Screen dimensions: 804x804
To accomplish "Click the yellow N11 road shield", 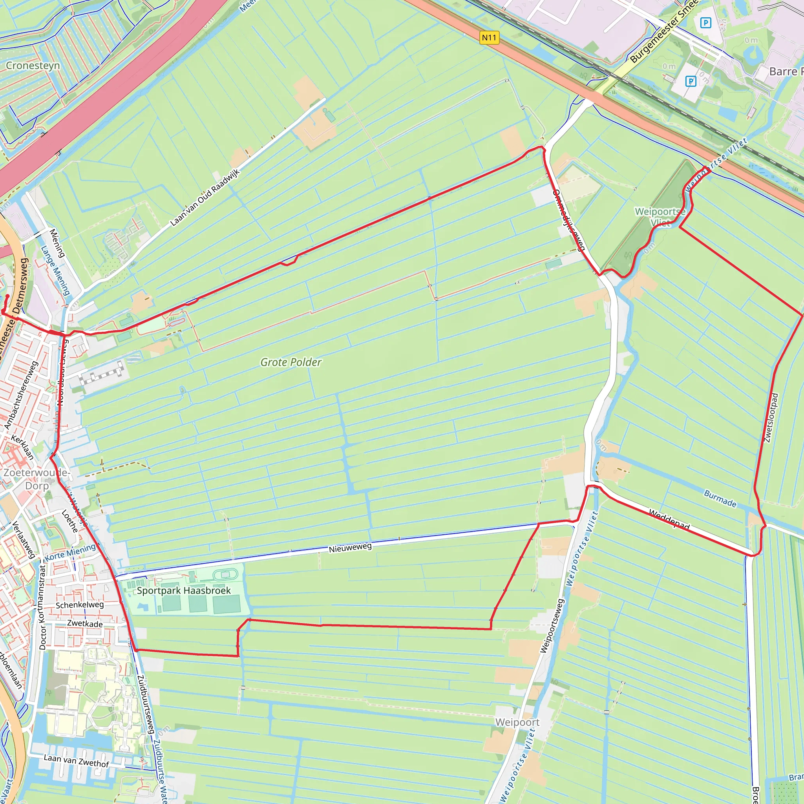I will (x=489, y=38).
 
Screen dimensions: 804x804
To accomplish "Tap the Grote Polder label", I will (x=291, y=362).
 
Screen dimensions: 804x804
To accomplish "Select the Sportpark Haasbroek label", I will (x=183, y=590).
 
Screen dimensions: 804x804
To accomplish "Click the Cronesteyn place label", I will (x=33, y=66).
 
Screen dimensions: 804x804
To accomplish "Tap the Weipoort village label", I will (x=517, y=722).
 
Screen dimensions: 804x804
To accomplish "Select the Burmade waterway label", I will (x=720, y=499).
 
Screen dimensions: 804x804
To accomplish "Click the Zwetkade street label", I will (x=85, y=623).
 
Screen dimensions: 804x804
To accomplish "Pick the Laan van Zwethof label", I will (x=77, y=761).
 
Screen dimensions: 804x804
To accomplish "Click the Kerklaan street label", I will (x=22, y=447).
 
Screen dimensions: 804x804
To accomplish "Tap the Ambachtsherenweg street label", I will (x=21, y=395).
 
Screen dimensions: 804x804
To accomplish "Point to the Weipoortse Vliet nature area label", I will (x=660, y=217).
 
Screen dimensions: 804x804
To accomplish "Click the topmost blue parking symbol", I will (x=706, y=22).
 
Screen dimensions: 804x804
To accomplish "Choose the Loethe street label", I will (x=69, y=521).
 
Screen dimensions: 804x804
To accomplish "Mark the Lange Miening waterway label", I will (x=55, y=270).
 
